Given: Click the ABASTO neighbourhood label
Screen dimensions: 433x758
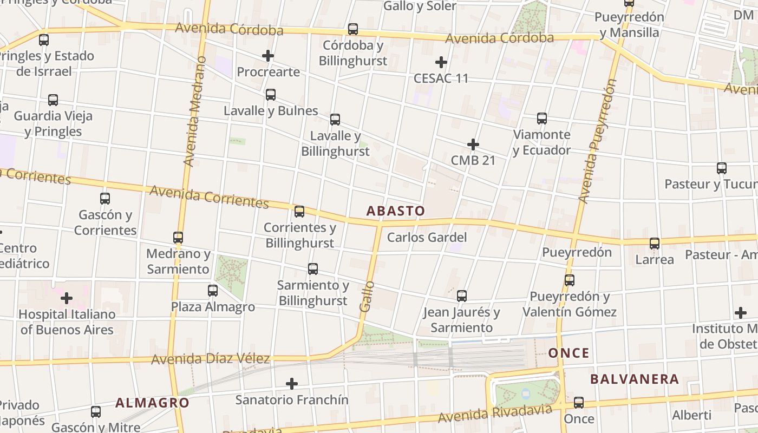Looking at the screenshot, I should click(x=396, y=211).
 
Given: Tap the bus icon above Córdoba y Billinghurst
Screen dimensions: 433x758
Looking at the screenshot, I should click(x=353, y=29).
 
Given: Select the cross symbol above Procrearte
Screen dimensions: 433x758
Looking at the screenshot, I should click(x=268, y=56).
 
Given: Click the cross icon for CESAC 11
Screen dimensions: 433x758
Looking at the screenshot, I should click(x=441, y=62).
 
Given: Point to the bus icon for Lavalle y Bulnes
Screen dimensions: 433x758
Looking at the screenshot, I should click(x=271, y=95).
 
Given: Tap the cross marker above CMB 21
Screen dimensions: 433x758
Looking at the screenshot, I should click(x=473, y=145).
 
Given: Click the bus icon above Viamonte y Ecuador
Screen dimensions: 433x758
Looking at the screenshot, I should click(x=542, y=119).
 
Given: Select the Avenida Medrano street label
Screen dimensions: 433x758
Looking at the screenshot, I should click(x=195, y=110).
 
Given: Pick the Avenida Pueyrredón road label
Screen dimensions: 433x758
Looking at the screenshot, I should click(x=597, y=141).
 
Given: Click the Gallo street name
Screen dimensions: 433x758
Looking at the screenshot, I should click(x=367, y=296).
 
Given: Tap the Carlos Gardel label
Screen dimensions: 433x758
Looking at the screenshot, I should click(x=427, y=237).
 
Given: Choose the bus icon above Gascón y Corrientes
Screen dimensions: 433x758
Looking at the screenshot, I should click(x=105, y=199).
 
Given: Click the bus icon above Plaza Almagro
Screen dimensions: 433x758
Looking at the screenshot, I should click(x=213, y=291).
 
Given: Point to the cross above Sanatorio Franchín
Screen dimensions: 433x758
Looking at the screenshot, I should click(x=292, y=384).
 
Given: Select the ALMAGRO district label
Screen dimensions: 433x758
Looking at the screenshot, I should click(x=152, y=403).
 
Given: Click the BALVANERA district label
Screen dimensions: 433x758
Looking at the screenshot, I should click(x=635, y=379).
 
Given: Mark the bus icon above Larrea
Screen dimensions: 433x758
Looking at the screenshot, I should click(x=655, y=244).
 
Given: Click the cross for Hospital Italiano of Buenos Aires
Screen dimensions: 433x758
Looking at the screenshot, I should click(x=67, y=298).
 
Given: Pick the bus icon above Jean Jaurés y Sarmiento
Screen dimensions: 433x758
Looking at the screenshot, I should click(x=462, y=296).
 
